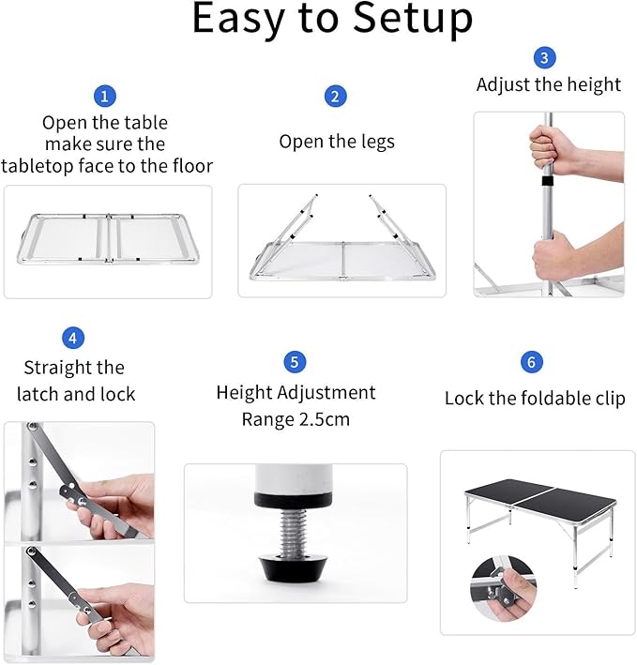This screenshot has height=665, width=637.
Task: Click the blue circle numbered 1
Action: click(105, 96)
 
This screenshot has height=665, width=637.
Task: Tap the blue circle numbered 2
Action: click(336, 96)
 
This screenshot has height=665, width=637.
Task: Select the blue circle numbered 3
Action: click(545, 58)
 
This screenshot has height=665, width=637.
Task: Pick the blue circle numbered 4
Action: click(73, 338)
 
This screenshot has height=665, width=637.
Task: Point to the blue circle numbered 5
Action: click(296, 361)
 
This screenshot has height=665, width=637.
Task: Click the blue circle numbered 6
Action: click(532, 361)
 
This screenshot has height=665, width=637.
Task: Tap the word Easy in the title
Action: click(234, 21)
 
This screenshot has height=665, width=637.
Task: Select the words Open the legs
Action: click(337, 142)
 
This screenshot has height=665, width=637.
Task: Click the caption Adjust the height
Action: click(549, 84)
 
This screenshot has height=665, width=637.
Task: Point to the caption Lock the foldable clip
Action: click(535, 399)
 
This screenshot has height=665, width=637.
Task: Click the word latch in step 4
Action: click(44, 395)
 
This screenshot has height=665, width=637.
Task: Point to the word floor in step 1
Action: click(190, 166)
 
